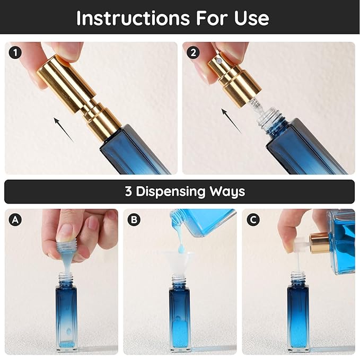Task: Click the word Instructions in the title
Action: (x=130, y=18)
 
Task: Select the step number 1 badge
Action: (x=15, y=52)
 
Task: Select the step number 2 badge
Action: (x=192, y=52)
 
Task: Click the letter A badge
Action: (x=15, y=219)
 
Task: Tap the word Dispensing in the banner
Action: (x=175, y=191)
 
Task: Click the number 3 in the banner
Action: (x=128, y=191)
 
